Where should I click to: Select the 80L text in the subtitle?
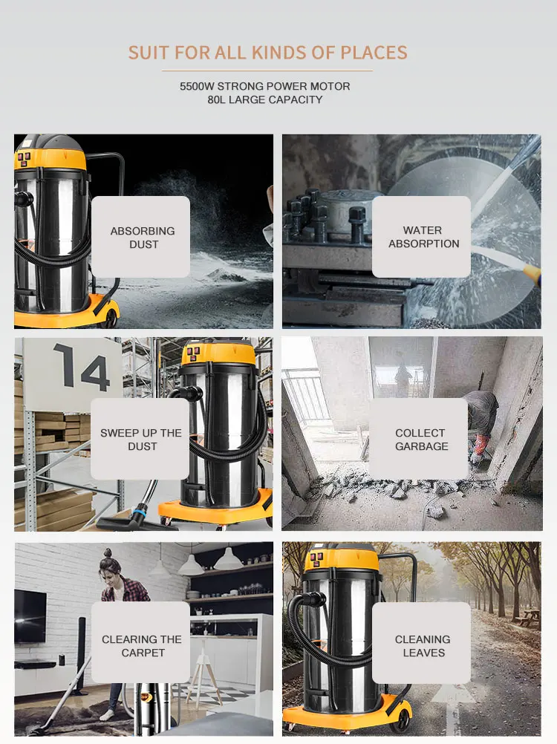216,99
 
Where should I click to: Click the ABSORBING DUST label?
143,238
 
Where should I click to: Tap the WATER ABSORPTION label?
423,237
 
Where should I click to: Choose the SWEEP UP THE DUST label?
141,440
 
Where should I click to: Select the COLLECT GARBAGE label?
422,440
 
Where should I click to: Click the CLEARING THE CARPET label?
142,646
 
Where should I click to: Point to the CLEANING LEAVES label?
423,646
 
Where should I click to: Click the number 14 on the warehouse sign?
82,366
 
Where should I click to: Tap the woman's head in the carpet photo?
108,564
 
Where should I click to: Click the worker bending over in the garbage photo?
480,422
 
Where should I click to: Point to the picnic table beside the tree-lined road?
528,617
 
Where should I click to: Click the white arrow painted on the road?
454,708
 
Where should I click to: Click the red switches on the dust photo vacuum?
23,157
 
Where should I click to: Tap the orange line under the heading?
267,71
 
